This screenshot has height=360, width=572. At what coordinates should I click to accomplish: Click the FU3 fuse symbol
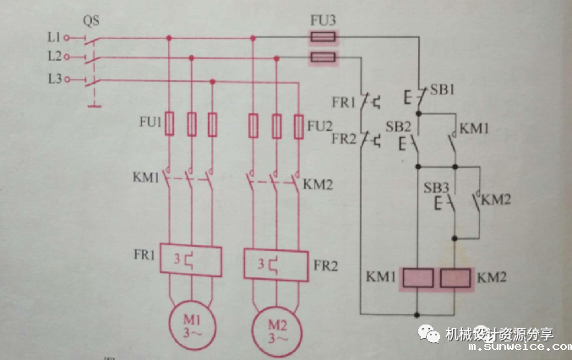point(321,38)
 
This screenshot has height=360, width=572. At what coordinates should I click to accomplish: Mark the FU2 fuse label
point(319,126)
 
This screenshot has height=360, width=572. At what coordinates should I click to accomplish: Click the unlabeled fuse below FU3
point(321,57)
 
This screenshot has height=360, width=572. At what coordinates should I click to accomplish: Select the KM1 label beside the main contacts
point(146,178)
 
